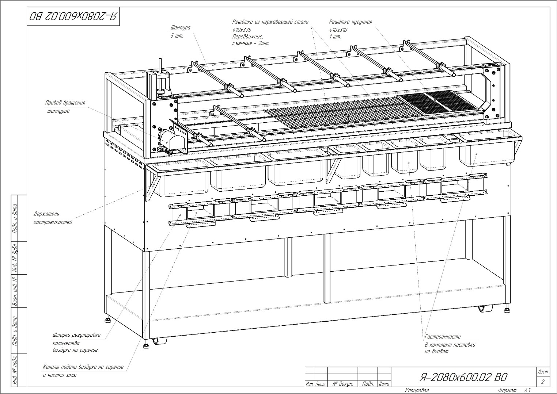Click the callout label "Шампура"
pyautogui.click(x=180, y=28)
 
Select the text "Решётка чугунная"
pyautogui.click(x=351, y=22)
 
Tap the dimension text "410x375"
pyautogui.click(x=242, y=30)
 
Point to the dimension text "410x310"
pyautogui.click(x=338, y=30)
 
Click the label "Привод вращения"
pyautogui.click(x=65, y=103)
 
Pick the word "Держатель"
pyautogui.click(x=46, y=214)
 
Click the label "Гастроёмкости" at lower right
pyautogui.click(x=443, y=337)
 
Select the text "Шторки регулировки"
pyautogui.click(x=77, y=335)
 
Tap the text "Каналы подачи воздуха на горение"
pyautogui.click(x=83, y=367)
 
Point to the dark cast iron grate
pyautogui.click(x=439, y=102)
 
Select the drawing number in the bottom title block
pyautogui.click(x=463, y=377)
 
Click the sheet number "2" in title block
pyautogui.click(x=543, y=382)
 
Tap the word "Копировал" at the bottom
pyautogui.click(x=417, y=390)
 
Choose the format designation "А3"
pyautogui.click(x=527, y=390)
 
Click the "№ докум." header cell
pyautogui.click(x=343, y=384)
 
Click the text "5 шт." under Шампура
pyautogui.click(x=177, y=36)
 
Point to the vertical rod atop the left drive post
pyautogui.click(x=161, y=65)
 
